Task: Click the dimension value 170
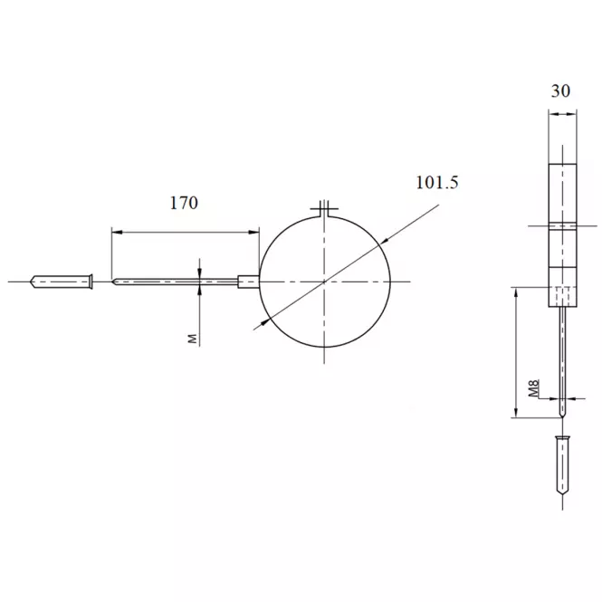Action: click(x=184, y=203)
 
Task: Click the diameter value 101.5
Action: click(x=437, y=182)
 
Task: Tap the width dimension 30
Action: click(x=560, y=91)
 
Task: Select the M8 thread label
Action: click(x=534, y=387)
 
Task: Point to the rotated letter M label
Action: click(x=192, y=339)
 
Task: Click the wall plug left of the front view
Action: click(x=62, y=282)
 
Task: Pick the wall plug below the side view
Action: click(x=562, y=465)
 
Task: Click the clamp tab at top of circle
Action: click(x=324, y=209)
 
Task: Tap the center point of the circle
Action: click(x=324, y=282)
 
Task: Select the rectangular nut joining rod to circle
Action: click(x=249, y=282)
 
